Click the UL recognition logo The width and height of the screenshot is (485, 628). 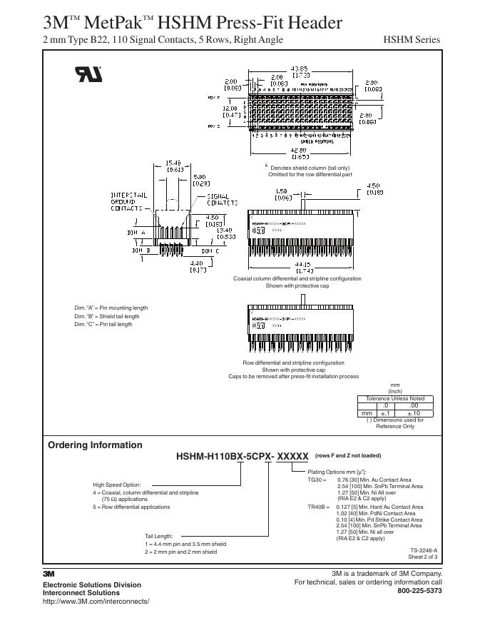(88, 74)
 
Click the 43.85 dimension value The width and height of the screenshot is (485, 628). (299, 69)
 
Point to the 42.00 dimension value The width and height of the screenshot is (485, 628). (299, 150)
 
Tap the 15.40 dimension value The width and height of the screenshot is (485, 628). (174, 163)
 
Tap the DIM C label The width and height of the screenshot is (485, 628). (210, 251)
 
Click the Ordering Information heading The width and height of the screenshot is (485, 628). (95, 445)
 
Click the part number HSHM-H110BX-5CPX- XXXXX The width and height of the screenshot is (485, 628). (242, 456)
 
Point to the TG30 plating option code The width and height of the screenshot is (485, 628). (315, 480)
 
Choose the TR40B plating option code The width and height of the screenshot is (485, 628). (318, 507)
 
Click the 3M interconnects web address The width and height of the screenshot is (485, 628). (96, 602)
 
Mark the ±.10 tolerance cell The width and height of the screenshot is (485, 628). (414, 412)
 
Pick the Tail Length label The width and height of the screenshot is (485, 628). (164, 535)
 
